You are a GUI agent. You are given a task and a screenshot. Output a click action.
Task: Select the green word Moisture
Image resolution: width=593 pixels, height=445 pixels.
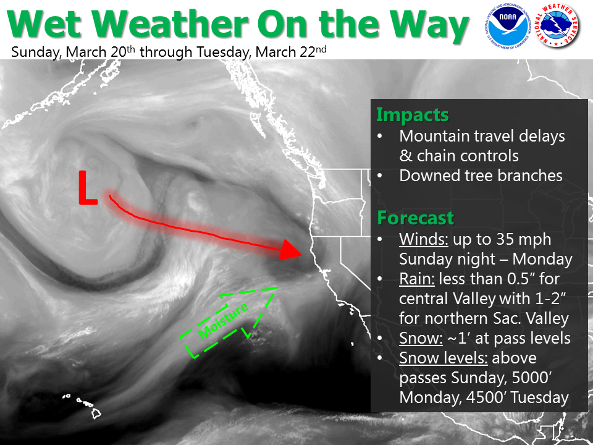[x=223, y=320]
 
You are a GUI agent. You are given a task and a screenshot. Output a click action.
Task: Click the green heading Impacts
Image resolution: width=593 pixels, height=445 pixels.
[x=412, y=115]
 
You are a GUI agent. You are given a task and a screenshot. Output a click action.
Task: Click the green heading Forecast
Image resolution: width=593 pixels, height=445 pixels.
[x=415, y=218]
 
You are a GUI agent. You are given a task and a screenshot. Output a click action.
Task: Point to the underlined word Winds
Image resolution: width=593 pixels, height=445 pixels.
[x=424, y=239]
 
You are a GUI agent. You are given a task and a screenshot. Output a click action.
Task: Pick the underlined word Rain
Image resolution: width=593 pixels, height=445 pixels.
[x=417, y=279]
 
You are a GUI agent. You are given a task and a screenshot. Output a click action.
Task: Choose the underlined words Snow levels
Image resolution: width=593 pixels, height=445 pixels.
[x=444, y=358]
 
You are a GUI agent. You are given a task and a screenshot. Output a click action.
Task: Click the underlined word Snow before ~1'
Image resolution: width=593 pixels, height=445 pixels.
[x=421, y=338]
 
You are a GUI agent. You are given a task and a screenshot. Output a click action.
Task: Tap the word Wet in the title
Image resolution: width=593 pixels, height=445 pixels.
[x=44, y=24]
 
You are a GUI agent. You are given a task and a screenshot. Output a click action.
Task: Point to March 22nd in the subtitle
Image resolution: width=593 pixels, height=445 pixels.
[x=291, y=51]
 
